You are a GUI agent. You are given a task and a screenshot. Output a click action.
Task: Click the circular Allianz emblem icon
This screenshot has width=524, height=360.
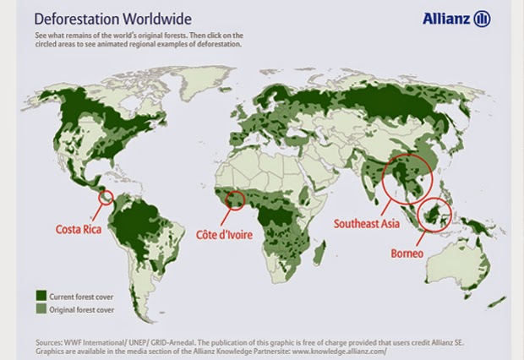tap(483, 19)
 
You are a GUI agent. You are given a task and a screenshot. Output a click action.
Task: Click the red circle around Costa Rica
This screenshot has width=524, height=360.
tap(107, 199)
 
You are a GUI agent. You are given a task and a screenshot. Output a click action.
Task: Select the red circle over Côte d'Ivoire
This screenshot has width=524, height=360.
tap(236, 200)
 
